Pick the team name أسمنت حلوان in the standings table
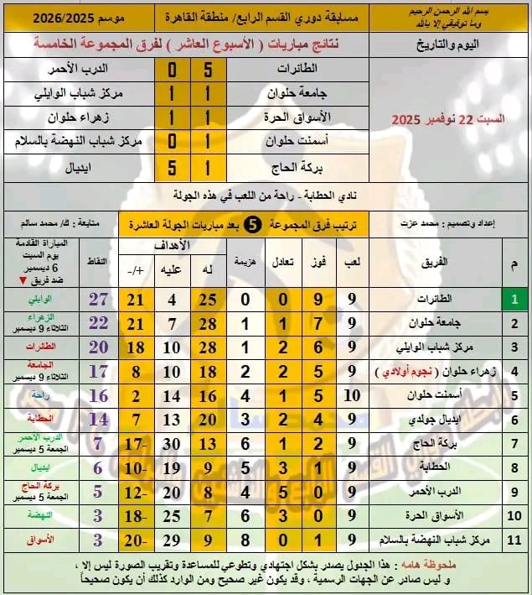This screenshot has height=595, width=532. pos(425,394)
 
